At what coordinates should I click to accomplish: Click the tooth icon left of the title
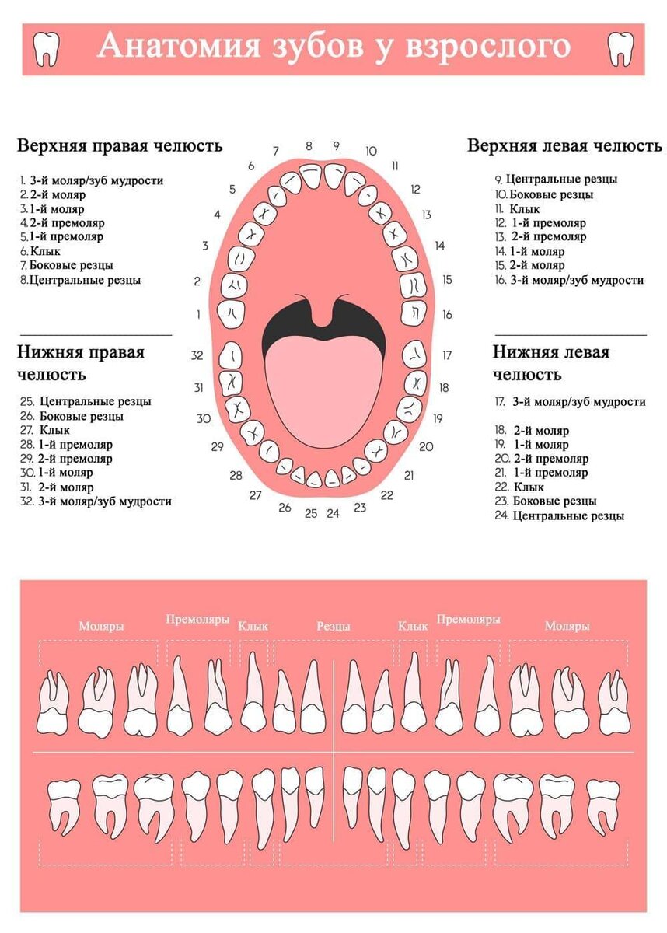point(47,49)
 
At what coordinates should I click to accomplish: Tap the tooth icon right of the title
point(620,49)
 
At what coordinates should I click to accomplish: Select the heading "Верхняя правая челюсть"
point(120,146)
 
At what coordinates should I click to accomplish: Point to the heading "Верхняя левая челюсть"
point(564,146)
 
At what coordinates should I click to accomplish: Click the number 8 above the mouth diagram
point(309,145)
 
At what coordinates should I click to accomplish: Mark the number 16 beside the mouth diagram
point(447,315)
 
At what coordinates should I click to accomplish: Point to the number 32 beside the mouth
point(197,355)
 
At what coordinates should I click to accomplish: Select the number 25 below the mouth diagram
point(311,513)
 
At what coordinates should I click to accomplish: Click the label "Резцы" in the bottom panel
point(333,626)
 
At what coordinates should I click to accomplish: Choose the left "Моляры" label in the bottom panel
point(101,626)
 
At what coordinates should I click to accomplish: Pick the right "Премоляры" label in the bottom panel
point(468,620)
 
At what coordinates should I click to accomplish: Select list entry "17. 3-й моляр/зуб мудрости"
point(570,402)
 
